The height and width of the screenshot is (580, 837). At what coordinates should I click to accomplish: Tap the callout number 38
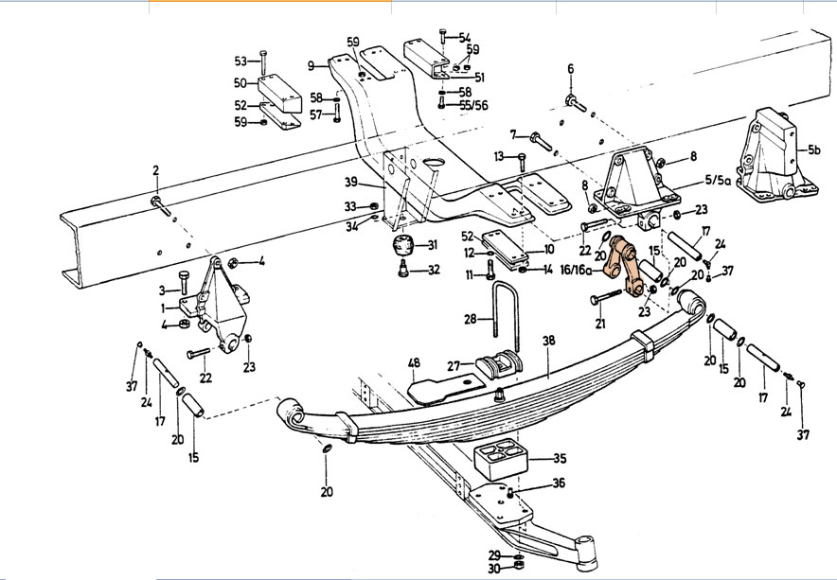pyautogui.click(x=549, y=341)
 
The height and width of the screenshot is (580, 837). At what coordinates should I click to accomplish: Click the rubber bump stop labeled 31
pyautogui.click(x=403, y=245)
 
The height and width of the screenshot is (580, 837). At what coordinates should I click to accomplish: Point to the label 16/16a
pyautogui.click(x=577, y=270)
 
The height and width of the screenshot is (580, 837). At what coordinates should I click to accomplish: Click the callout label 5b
pyautogui.click(x=813, y=149)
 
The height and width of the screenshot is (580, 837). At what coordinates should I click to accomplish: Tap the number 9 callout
pyautogui.click(x=312, y=66)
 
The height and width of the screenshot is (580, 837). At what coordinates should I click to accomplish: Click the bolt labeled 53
pyautogui.click(x=262, y=63)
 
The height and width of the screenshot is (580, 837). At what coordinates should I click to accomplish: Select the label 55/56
pyautogui.click(x=473, y=105)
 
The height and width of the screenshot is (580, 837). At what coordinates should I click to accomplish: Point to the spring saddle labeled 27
pyautogui.click(x=499, y=365)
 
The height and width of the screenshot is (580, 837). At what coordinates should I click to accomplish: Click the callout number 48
pyautogui.click(x=414, y=362)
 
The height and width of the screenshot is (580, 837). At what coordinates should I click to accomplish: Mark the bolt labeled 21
pyautogui.click(x=606, y=296)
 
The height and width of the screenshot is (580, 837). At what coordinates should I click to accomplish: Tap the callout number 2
pyautogui.click(x=156, y=170)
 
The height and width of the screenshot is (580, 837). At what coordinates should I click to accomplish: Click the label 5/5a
pyautogui.click(x=718, y=180)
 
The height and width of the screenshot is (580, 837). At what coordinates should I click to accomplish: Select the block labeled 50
pyautogui.click(x=279, y=94)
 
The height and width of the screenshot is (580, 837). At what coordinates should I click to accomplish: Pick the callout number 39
pyautogui.click(x=350, y=183)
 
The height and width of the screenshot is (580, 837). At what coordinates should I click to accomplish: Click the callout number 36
pyautogui.click(x=559, y=483)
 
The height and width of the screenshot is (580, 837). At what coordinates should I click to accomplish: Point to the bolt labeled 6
pyautogui.click(x=577, y=103)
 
